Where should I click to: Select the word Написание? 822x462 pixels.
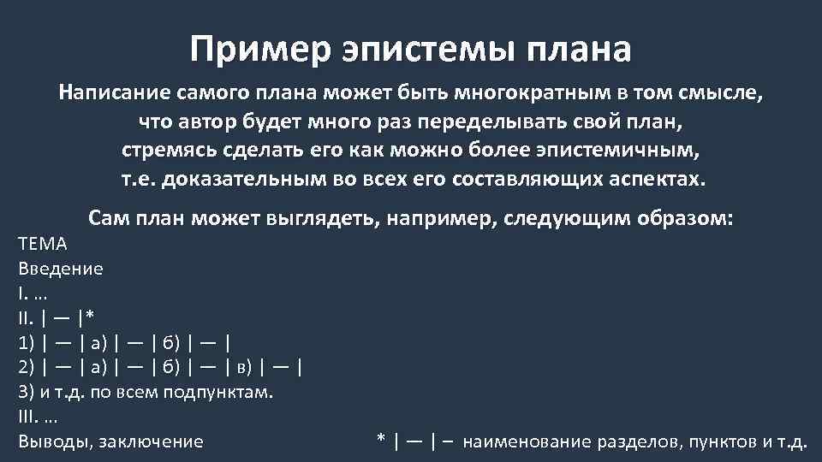coord(114,92)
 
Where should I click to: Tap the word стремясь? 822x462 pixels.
coord(170,151)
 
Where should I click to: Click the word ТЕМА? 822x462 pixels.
coord(42,244)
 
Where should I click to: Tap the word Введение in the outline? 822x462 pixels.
coord(60,269)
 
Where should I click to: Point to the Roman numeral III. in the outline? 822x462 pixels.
coord(27,418)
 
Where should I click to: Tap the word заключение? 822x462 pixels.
coord(152,442)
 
